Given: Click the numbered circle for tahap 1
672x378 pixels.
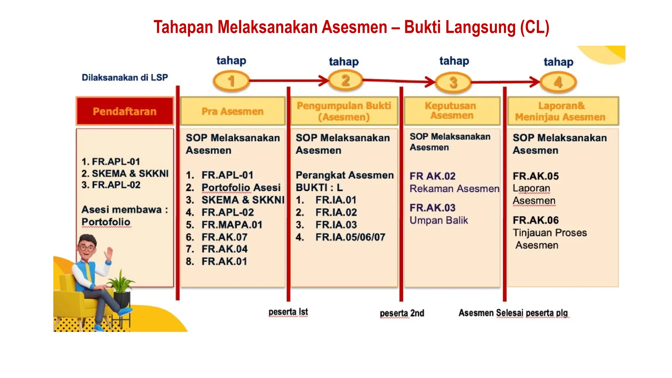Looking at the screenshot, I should (231, 81).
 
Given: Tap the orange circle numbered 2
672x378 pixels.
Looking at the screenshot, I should (345, 80).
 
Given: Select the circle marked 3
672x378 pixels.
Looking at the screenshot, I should (453, 82).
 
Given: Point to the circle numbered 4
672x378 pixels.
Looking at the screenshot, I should (558, 82).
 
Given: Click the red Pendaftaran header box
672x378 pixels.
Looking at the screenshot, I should (125, 111).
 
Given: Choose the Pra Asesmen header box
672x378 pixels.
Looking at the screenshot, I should (233, 111).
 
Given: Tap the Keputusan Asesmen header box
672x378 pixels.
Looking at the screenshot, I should (452, 111).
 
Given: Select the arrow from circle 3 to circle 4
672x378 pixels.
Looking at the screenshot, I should (505, 82).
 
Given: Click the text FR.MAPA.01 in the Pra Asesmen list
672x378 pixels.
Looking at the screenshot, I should (232, 225).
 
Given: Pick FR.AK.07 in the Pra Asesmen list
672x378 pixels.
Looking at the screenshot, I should (224, 237).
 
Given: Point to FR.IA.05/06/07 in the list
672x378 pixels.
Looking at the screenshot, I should (350, 237).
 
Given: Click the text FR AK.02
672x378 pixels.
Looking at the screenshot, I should (432, 176).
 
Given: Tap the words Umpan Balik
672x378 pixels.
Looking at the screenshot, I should (438, 220).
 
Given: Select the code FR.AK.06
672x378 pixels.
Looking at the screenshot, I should (535, 220).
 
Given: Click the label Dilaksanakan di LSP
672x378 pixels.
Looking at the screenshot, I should (125, 77).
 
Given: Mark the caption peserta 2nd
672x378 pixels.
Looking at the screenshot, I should (402, 313).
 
